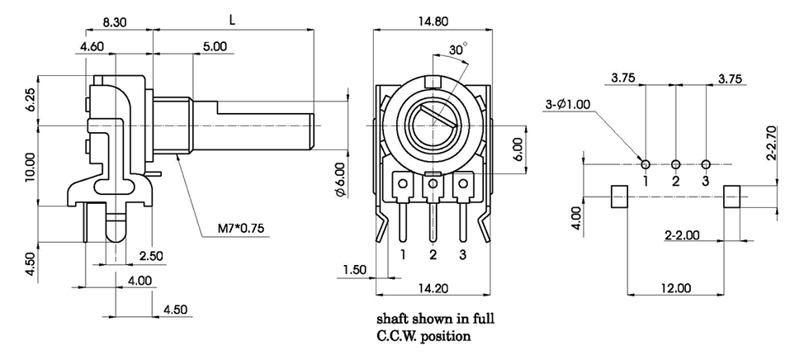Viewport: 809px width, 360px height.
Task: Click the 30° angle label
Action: click(457, 49)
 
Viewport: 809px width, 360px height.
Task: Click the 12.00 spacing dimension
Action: click(676, 288)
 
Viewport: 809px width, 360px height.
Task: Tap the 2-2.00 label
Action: click(682, 234)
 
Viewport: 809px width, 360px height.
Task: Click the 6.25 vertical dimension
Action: click(31, 101)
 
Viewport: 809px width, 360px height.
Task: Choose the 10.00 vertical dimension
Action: click(31, 165)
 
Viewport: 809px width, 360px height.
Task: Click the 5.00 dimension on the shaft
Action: click(214, 47)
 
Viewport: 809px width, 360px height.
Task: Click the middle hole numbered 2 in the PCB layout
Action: click(675, 163)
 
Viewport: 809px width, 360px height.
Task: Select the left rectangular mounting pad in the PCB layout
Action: click(619, 197)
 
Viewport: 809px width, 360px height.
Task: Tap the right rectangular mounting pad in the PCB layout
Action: click(732, 197)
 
